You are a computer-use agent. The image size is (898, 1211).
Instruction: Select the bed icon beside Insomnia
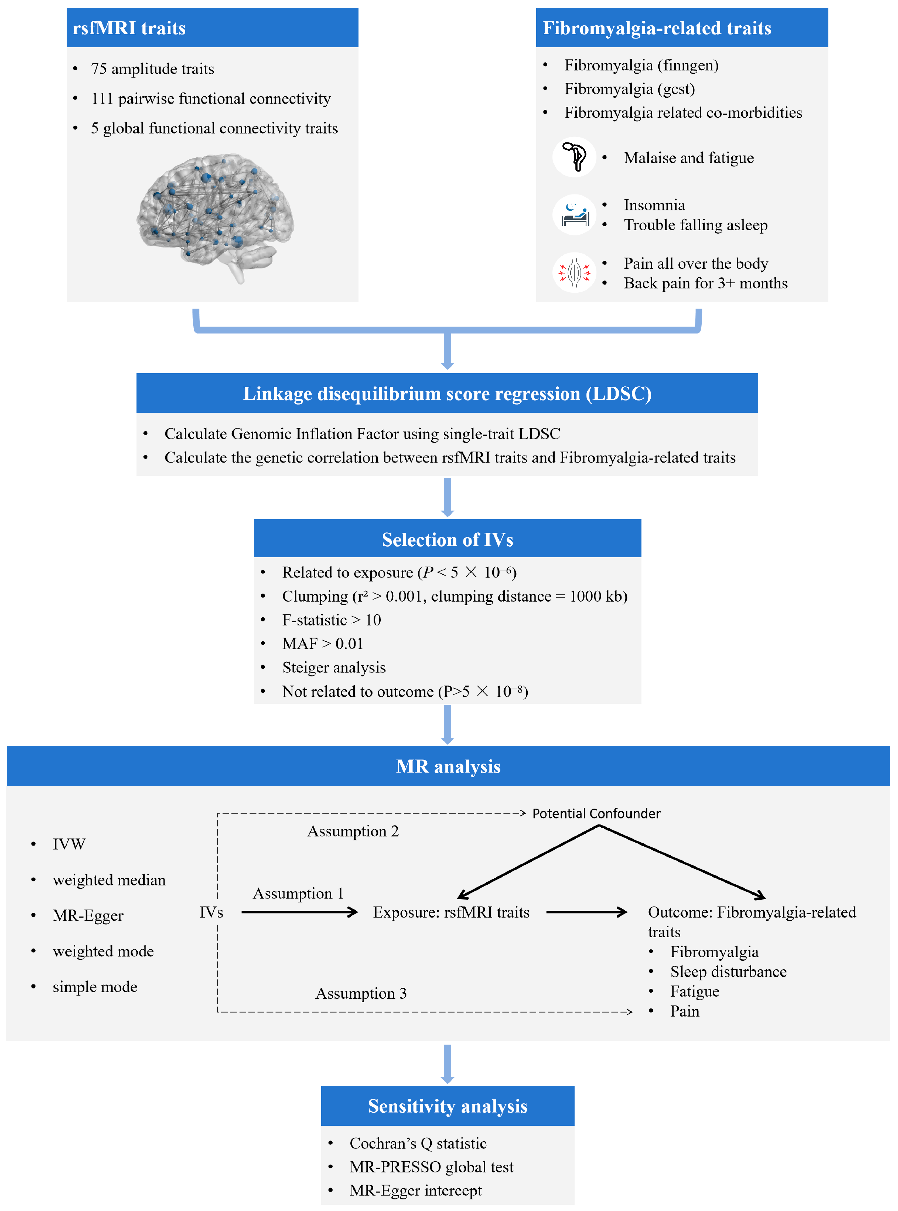pos(575,215)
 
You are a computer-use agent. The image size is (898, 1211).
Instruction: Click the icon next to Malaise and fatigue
pos(575,157)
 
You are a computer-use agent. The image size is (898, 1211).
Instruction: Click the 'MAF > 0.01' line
pos(322,644)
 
